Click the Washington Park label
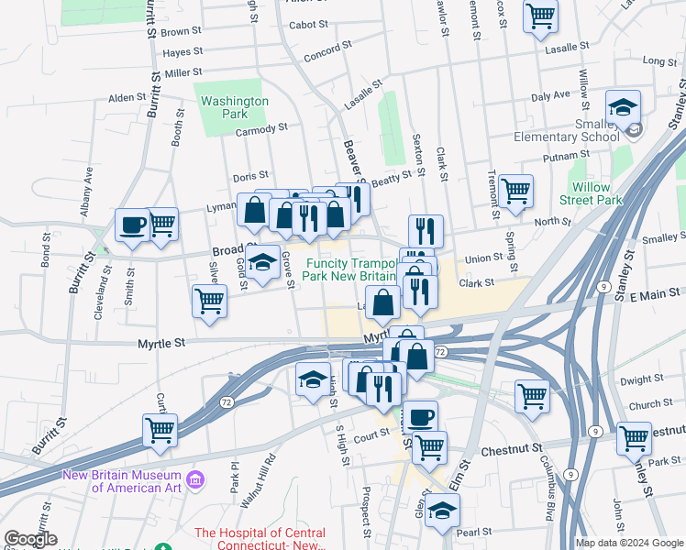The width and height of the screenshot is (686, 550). [x=235, y=108]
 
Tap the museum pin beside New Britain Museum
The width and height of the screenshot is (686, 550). [x=194, y=479]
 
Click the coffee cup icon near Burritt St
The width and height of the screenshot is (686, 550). [x=132, y=225]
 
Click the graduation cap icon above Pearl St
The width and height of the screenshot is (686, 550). [x=442, y=510]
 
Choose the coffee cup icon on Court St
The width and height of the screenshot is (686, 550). [x=420, y=416]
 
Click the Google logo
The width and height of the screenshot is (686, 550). [x=30, y=540]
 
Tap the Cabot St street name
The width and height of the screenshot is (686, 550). [x=308, y=25]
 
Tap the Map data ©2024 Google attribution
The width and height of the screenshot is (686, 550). [x=629, y=543]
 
